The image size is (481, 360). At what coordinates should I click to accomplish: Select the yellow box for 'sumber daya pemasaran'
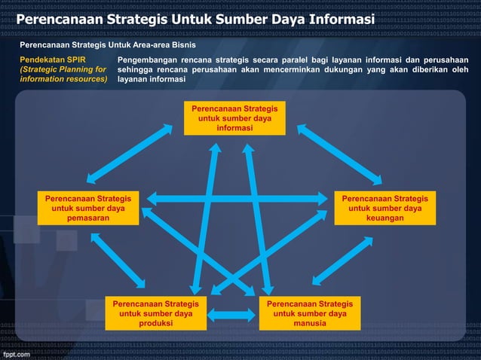88,208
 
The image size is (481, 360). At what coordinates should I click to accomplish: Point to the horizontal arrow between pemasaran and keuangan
240,200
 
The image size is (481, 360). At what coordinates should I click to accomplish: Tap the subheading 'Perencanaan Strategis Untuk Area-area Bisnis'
107,44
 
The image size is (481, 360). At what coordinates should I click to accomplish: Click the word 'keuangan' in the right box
384,218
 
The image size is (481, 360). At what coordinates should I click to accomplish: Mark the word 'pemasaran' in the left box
88,218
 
